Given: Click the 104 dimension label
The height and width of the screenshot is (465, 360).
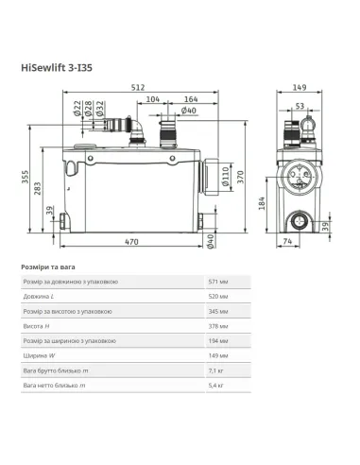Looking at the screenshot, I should pos(153,98).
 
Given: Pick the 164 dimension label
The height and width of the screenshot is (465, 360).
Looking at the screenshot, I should pos(191,98).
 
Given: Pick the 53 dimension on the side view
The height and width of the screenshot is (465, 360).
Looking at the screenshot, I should pos(299,107).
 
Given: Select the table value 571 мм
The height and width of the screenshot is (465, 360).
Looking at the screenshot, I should pos(218,283).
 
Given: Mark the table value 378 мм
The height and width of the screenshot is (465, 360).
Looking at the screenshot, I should pos(218,325).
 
